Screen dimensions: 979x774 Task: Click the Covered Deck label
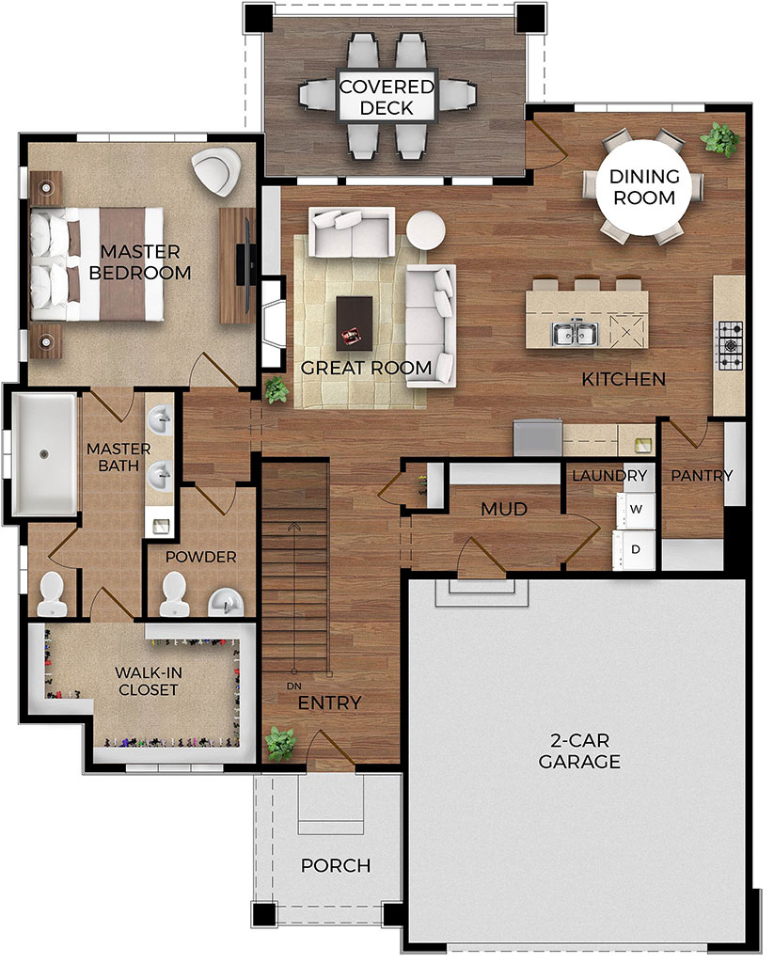(387, 98)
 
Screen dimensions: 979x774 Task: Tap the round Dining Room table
(643, 187)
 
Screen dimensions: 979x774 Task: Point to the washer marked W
(636, 509)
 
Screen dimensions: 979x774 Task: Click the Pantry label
(701, 476)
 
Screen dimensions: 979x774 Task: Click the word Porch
(336, 865)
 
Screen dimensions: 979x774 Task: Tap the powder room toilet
(174, 593)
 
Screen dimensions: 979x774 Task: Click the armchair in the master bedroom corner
(215, 172)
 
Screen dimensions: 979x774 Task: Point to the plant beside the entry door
(280, 743)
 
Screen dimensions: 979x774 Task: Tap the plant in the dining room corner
(720, 140)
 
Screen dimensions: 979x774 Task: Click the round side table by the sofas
(426, 230)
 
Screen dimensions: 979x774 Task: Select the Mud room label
(503, 509)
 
